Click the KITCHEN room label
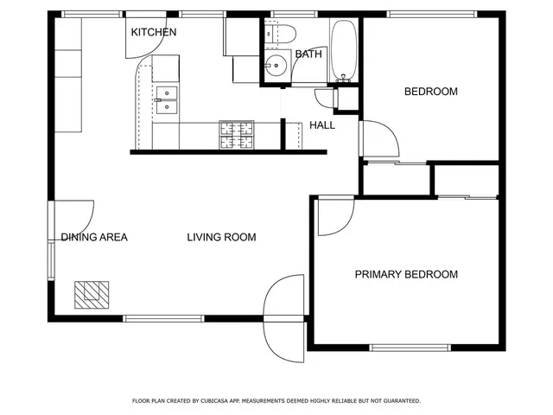click(154, 33)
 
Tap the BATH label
click(308, 54)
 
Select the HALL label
click(322, 125)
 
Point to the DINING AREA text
click(94, 237)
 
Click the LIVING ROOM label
click(221, 237)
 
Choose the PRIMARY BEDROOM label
click(406, 275)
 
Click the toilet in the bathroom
click(282, 34)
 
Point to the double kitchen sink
click(167, 100)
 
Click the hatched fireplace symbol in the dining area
click(91, 294)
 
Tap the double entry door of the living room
click(284, 318)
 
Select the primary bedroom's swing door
click(334, 214)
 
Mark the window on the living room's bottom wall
click(163, 318)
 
